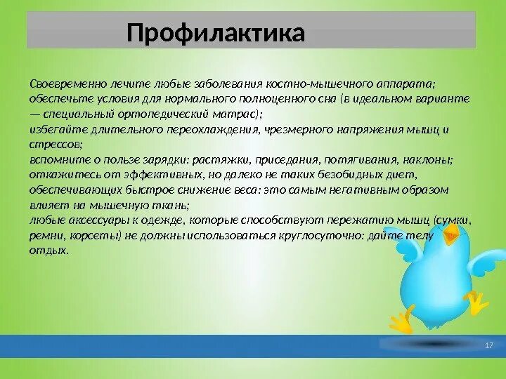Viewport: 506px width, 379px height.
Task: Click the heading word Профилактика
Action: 216,34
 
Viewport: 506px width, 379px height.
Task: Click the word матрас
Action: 237,114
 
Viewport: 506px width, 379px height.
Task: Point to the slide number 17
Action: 490,346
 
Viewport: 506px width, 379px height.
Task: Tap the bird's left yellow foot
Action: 401,321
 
